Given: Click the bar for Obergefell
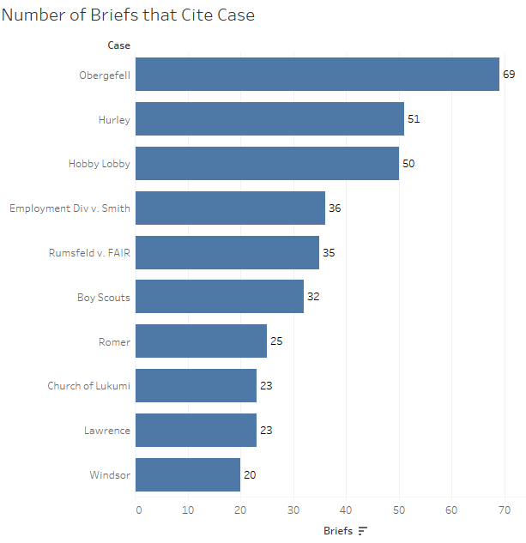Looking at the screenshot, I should [317, 75].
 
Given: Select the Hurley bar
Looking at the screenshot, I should [269, 119].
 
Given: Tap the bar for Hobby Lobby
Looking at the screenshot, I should [267, 164].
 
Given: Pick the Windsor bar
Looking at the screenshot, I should [188, 474].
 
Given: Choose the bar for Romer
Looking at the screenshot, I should [201, 341].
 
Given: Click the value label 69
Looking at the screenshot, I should [509, 75].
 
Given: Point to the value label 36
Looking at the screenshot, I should [335, 208].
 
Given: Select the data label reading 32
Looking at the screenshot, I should [313, 297].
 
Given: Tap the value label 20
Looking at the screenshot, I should [250, 474].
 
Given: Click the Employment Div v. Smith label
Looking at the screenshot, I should [70, 208].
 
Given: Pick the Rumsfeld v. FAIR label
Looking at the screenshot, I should [89, 253].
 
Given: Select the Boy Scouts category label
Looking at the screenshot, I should [103, 297].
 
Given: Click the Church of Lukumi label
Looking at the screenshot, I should [88, 386].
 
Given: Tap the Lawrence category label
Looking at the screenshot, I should [107, 431].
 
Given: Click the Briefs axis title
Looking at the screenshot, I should [338, 531].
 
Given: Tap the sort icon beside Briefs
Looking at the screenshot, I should [362, 531].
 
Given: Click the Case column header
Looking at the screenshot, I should [118, 45].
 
